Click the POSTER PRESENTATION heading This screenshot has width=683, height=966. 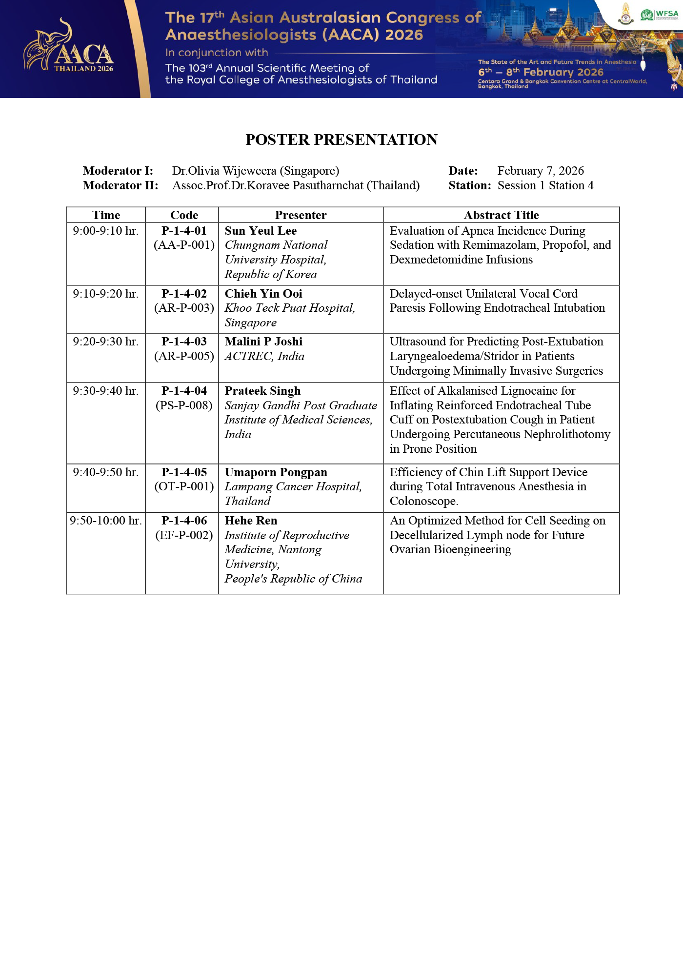[341, 140]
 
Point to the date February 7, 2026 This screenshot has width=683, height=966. [540, 171]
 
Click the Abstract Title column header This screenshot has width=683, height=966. [501, 215]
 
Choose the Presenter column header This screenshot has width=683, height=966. [301, 215]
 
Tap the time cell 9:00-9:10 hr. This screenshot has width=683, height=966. [106, 231]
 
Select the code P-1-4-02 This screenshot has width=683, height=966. [184, 294]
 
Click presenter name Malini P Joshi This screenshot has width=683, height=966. [263, 342]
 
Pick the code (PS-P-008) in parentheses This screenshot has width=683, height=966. [184, 405]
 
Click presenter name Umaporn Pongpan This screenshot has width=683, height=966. [276, 472]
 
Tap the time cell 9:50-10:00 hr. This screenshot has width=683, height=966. [106, 521]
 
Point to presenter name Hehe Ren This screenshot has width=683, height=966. [251, 521]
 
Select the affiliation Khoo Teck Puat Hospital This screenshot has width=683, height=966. [290, 308]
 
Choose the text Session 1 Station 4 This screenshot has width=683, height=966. [545, 185]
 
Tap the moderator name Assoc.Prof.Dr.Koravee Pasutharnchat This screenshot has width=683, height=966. [296, 185]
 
